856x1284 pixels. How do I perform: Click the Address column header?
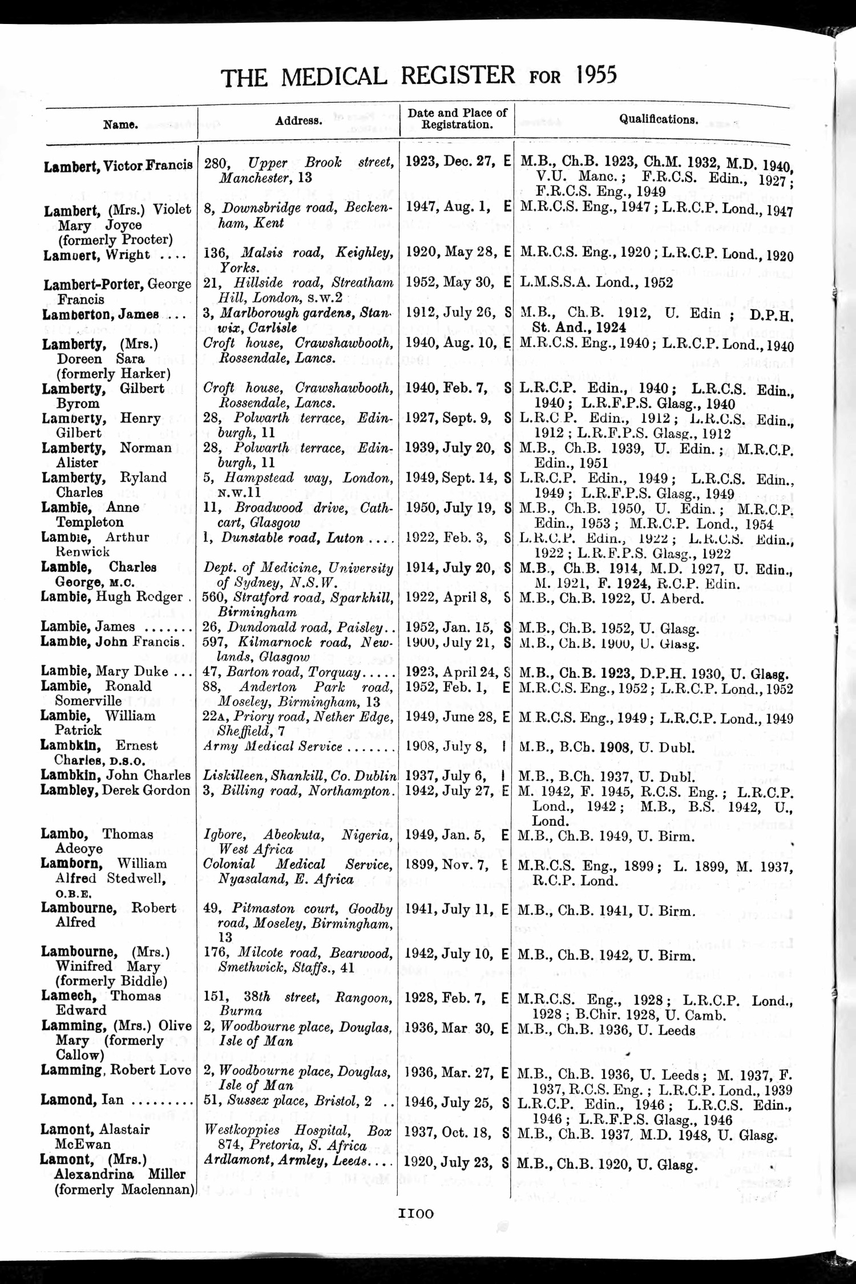coord(299,121)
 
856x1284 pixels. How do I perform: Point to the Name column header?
coord(120,123)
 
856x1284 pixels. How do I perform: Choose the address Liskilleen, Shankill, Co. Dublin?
coord(300,776)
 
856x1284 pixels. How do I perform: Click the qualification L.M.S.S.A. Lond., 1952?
coord(597,282)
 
